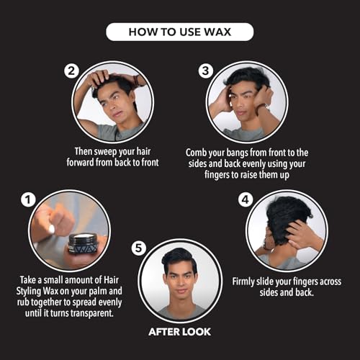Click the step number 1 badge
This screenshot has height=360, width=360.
(28, 199)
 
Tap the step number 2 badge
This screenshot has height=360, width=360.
(71, 71)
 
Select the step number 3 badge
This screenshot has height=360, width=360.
(206, 71)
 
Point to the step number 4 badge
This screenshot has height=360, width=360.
(246, 199)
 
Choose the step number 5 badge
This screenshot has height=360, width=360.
(139, 248)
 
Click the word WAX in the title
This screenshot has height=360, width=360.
(217, 32)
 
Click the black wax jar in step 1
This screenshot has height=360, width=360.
(84, 244)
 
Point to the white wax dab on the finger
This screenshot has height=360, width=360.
(52, 230)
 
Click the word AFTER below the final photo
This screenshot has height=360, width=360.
(164, 332)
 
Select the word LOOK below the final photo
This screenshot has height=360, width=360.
(196, 332)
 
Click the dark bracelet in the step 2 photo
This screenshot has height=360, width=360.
(136, 81)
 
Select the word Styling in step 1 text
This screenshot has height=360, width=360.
(29, 291)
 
